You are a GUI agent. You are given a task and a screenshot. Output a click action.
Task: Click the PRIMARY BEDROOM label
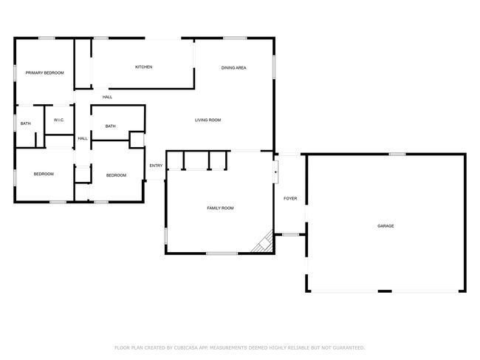[x=45, y=73]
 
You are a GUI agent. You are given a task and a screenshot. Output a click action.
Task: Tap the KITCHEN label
[x=143, y=67]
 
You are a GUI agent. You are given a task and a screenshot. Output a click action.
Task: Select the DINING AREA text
[x=233, y=68]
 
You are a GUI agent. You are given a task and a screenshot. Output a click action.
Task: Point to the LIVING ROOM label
[x=208, y=120]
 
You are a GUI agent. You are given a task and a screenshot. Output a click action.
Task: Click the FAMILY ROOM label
[x=220, y=208]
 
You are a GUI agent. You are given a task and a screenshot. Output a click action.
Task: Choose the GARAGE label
[x=385, y=226]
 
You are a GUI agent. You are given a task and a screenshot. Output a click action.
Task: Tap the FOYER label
[x=290, y=199]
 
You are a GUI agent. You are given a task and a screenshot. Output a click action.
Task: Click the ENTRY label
[x=156, y=166]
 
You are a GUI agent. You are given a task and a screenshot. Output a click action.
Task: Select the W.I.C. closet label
[x=59, y=120]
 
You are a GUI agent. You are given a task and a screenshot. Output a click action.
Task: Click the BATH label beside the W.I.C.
[x=25, y=123]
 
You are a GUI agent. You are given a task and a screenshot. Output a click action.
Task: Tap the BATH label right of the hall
[x=110, y=126]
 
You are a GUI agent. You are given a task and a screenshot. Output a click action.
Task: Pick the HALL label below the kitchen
[x=107, y=97]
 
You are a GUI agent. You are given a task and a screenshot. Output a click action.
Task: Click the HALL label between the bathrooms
[x=83, y=138]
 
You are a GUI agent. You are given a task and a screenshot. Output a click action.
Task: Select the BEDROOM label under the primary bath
[x=44, y=174]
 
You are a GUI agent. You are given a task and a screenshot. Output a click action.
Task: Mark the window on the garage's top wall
[x=397, y=154]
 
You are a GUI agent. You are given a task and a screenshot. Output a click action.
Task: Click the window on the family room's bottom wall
[x=222, y=254]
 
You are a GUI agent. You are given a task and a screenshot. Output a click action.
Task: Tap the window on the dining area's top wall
[x=235, y=38]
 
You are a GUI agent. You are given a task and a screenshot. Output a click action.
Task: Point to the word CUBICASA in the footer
[x=186, y=347]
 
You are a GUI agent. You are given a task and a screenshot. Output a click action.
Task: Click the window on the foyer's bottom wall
[x=290, y=234]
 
